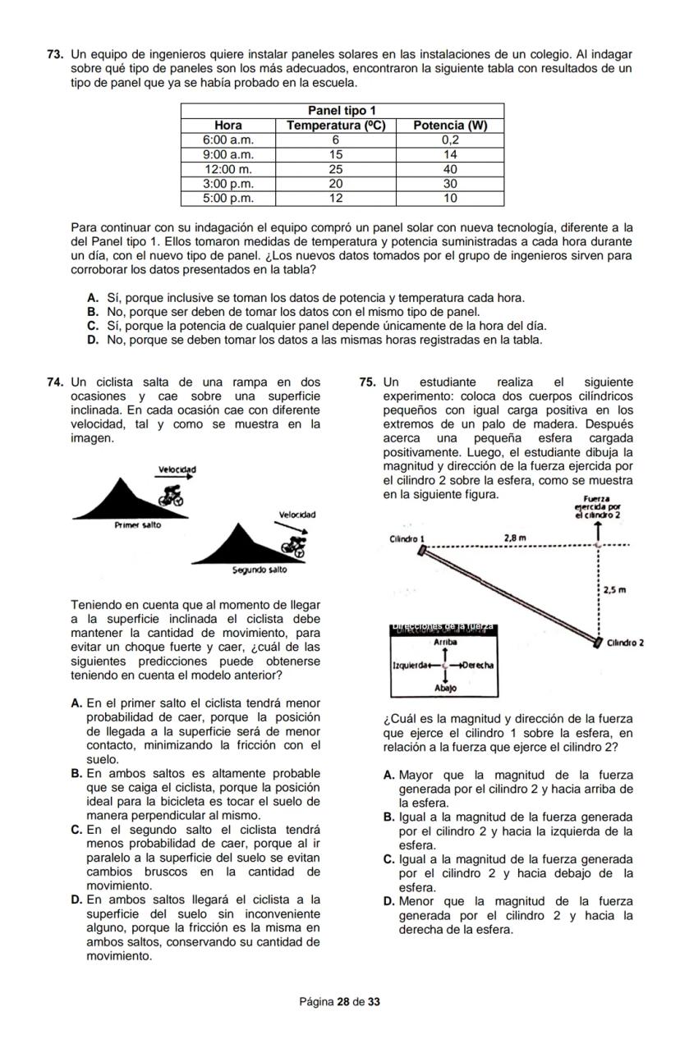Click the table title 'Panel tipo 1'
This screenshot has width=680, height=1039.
pos(341,111)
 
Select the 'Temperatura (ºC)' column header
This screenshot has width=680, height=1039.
pos(341,126)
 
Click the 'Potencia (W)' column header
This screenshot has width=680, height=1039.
pos(450,126)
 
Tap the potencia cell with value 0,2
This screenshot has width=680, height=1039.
pos(450,140)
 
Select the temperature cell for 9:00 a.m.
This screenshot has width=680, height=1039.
pos(336,153)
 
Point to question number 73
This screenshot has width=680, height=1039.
pos(56,54)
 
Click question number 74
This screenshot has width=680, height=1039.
pos(56,382)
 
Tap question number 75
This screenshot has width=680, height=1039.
pos(368,382)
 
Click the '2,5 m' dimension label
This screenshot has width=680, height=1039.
pos(615,590)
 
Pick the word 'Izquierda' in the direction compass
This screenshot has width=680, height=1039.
pos(408,665)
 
